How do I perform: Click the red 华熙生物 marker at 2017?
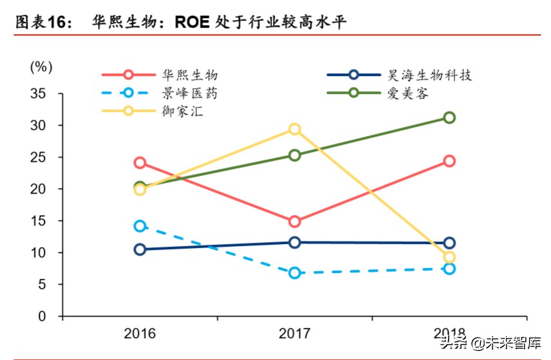[x=294, y=222]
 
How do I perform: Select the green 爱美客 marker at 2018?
[x=449, y=117]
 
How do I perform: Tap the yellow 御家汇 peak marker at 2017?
[x=294, y=129]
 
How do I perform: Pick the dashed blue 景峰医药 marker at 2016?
[x=140, y=226]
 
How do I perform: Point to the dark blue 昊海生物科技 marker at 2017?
[x=294, y=242]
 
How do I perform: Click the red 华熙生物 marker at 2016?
[x=140, y=162]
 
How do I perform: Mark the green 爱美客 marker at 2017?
[x=294, y=155]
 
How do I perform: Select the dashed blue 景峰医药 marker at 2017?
[x=294, y=273]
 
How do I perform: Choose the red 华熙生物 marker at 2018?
[x=449, y=161]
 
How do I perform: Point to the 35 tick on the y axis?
[x=38, y=93]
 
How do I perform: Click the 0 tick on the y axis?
[x=42, y=316]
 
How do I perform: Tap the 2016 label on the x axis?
[x=140, y=334]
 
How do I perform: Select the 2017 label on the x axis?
[x=294, y=334]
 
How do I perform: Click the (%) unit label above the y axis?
[x=41, y=66]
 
